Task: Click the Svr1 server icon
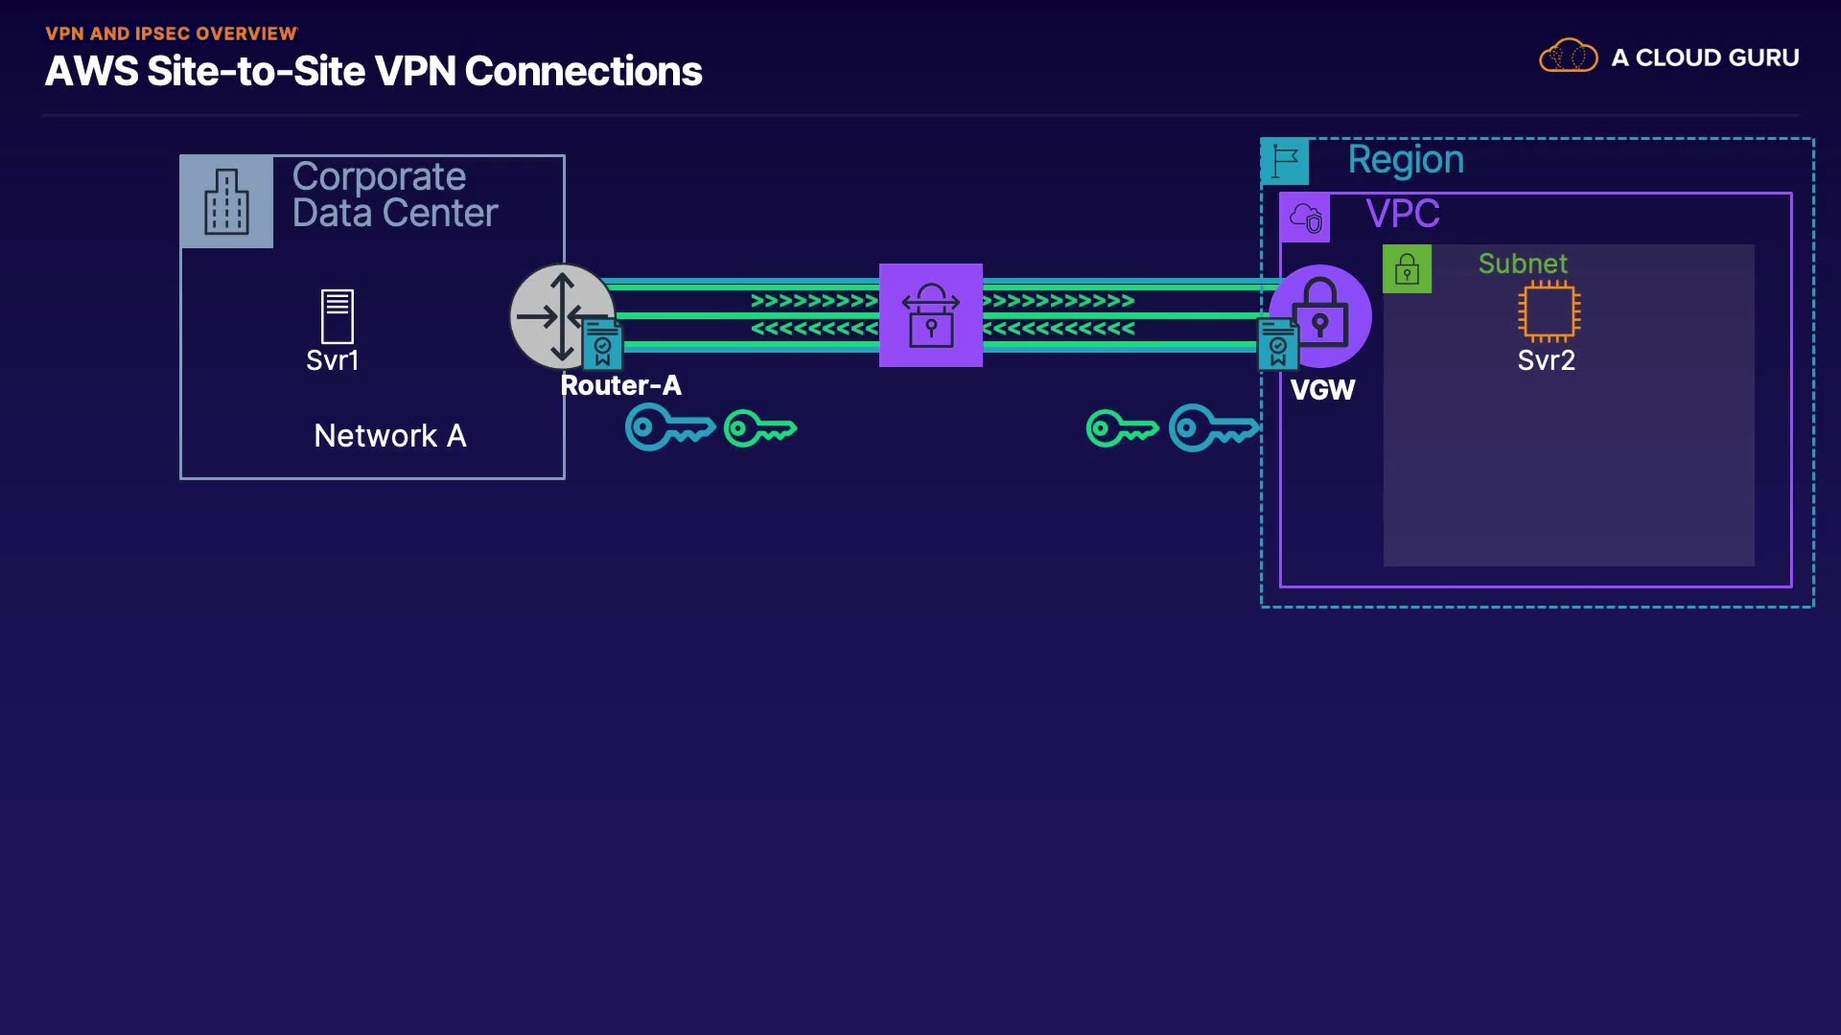pos(337,316)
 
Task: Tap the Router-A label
pos(620,385)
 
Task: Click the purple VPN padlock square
pos(930,315)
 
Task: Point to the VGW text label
pos(1322,390)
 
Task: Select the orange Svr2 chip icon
pos(1549,311)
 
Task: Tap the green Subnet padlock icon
pos(1407,268)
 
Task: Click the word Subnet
pos(1523,264)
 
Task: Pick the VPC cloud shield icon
pos(1305,218)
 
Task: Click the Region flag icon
pos(1285,160)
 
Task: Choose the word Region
pos(1406,160)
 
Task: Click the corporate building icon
pos(226,201)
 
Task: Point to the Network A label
pos(390,436)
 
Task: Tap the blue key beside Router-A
pos(669,427)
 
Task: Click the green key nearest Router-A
pos(759,428)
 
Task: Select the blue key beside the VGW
pos(1213,427)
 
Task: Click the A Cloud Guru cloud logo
pos(1568,57)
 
